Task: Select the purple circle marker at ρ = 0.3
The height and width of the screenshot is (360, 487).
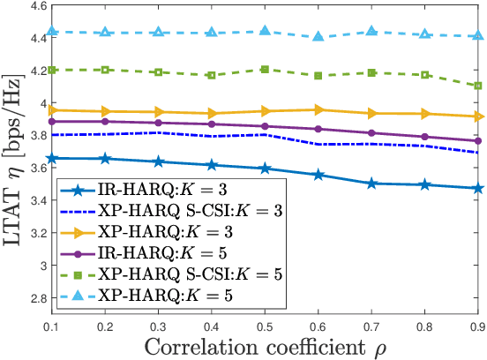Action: coord(159,123)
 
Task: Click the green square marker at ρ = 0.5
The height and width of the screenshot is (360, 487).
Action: coord(266,69)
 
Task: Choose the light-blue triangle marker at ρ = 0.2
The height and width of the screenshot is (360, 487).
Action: coord(106,32)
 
